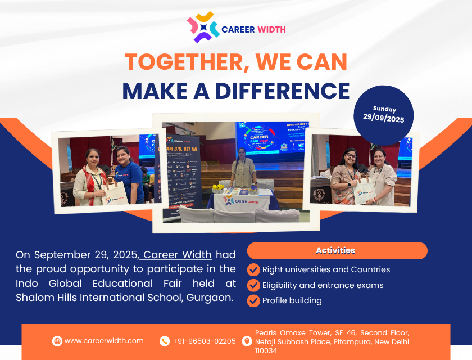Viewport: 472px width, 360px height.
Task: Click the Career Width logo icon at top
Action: [x=203, y=28]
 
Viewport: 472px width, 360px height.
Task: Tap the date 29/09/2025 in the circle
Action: [x=384, y=119]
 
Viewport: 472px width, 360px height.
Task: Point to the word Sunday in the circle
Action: [x=384, y=109]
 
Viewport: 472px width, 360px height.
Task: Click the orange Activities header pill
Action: [x=337, y=250]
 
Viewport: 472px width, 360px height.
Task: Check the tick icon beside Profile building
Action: [x=253, y=300]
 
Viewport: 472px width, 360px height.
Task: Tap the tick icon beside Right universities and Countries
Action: [x=253, y=269]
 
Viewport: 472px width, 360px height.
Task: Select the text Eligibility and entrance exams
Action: [x=323, y=285]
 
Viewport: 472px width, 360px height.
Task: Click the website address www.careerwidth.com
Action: [x=104, y=341]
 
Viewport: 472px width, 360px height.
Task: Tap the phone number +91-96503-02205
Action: [x=204, y=341]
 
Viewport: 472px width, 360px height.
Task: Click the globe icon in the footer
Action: [x=57, y=341]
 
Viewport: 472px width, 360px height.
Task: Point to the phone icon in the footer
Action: [x=165, y=341]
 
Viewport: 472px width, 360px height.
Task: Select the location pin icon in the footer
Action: [x=247, y=341]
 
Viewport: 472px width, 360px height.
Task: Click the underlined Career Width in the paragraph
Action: [x=178, y=255]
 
